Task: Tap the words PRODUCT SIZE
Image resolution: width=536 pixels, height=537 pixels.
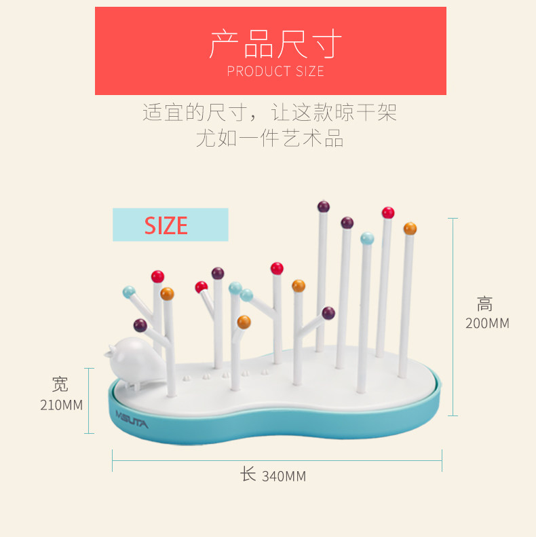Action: (275, 71)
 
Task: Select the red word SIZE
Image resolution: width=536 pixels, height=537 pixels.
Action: (166, 225)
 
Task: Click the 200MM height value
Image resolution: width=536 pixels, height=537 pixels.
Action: (487, 324)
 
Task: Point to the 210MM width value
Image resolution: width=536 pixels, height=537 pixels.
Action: (62, 405)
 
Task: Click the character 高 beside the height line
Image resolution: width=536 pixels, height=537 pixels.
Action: (485, 304)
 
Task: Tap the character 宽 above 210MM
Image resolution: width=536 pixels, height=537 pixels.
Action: (60, 385)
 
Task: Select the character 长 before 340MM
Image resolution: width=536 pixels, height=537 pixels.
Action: (248, 474)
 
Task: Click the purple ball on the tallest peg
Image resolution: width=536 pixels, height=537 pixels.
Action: (323, 206)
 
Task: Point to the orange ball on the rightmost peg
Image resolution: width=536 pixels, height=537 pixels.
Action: (410, 229)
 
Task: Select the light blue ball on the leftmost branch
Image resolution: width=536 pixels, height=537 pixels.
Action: (128, 292)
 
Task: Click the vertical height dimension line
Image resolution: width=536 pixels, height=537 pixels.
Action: (453, 317)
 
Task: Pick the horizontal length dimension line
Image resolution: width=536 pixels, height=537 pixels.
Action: (277, 460)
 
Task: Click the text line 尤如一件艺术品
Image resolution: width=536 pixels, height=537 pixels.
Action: (269, 138)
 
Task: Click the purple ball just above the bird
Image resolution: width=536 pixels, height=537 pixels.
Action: (140, 325)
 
